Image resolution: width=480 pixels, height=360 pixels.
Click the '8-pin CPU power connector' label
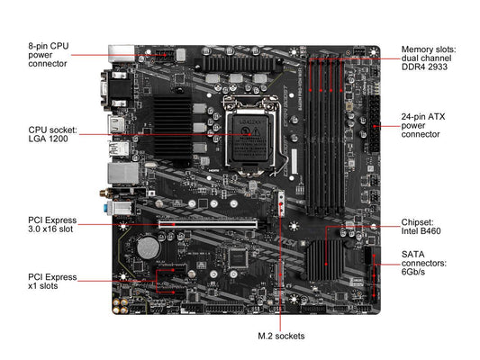(x=49, y=55)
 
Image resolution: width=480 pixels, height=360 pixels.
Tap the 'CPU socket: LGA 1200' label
(x=52, y=134)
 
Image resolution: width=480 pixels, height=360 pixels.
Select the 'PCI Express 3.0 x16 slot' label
(x=52, y=224)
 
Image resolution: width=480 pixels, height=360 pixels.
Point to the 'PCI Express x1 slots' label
(x=52, y=282)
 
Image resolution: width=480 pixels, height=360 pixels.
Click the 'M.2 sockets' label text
(x=281, y=336)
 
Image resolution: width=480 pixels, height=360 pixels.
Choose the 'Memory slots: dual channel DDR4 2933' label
(x=429, y=58)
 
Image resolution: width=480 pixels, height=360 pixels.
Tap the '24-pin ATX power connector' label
(x=423, y=125)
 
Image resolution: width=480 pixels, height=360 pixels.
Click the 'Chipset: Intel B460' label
(x=421, y=226)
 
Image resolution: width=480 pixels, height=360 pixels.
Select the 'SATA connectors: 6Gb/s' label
(x=423, y=263)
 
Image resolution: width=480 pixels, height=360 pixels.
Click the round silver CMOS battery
(x=149, y=247)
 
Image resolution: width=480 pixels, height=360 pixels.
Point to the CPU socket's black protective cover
(x=250, y=139)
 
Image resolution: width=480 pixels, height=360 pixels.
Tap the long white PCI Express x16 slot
(x=208, y=224)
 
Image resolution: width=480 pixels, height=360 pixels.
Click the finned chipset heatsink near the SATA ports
(x=325, y=260)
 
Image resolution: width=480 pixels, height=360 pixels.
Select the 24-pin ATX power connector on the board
(x=375, y=124)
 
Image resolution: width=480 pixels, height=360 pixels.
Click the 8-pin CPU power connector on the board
(x=165, y=56)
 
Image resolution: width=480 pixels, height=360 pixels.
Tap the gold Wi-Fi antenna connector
(x=105, y=193)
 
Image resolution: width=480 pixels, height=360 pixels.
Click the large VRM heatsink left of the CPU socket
(x=172, y=128)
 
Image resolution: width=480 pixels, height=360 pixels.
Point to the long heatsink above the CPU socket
(x=238, y=63)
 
